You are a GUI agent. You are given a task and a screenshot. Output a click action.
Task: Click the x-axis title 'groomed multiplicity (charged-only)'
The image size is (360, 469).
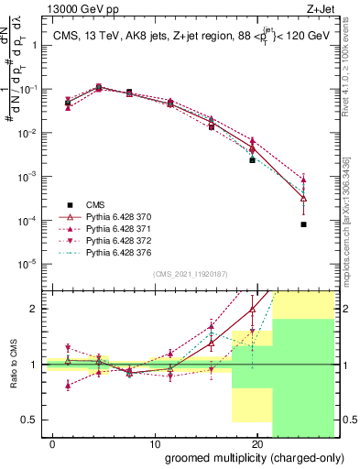pos(244,456)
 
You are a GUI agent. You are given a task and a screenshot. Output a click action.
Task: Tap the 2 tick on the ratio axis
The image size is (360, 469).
pos(34,309)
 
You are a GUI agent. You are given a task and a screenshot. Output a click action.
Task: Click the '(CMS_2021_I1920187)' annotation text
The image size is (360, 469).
pos(191,274)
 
